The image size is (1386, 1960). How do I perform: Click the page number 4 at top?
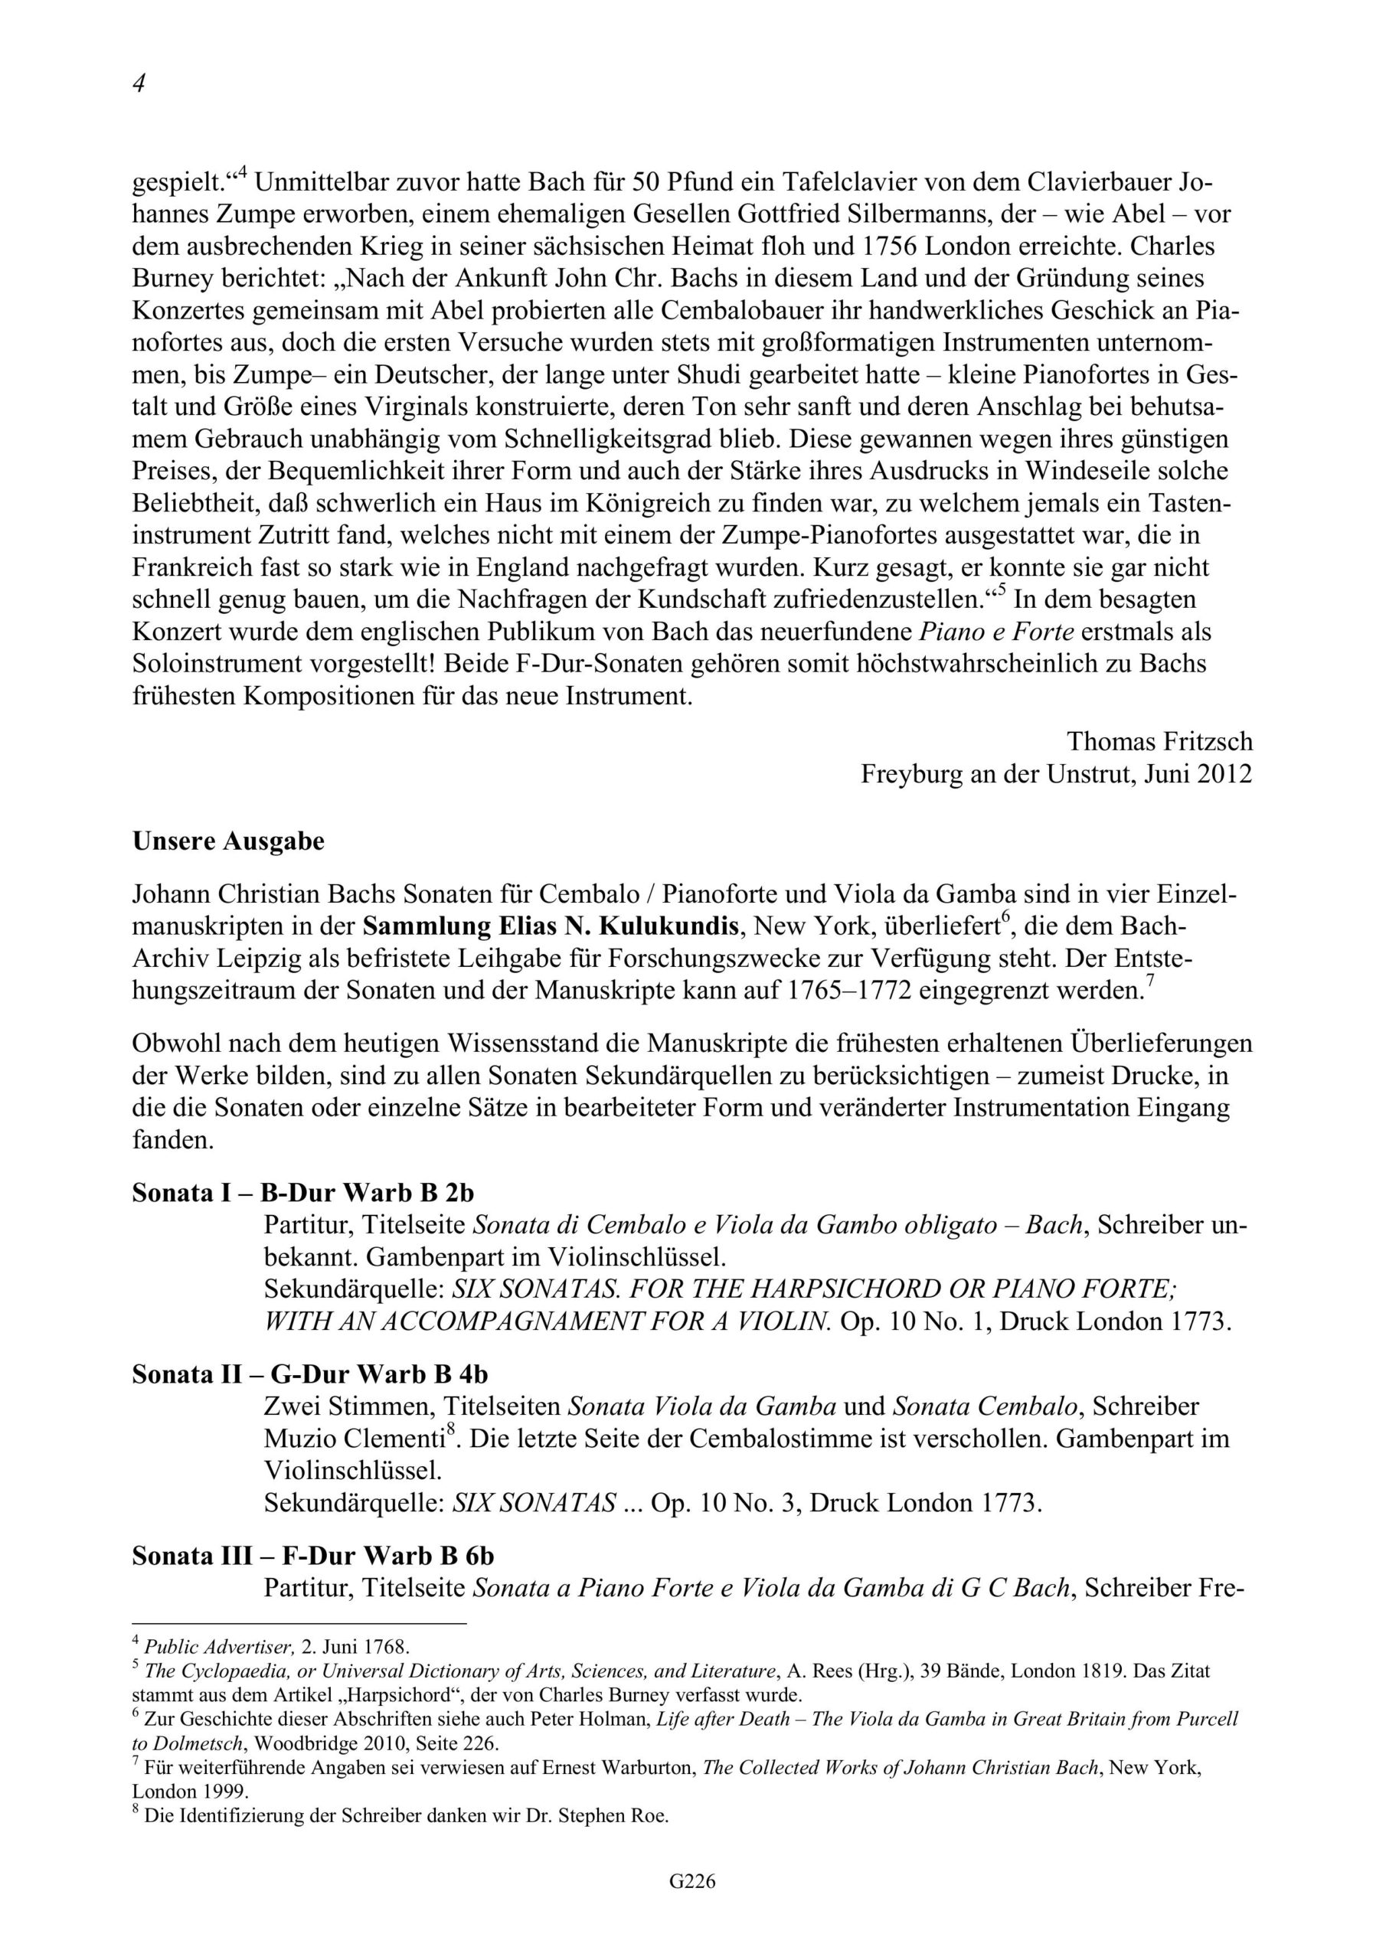tap(139, 83)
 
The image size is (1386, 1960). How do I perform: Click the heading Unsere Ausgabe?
tap(228, 841)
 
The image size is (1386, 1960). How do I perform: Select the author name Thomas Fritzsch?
tap(1159, 742)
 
